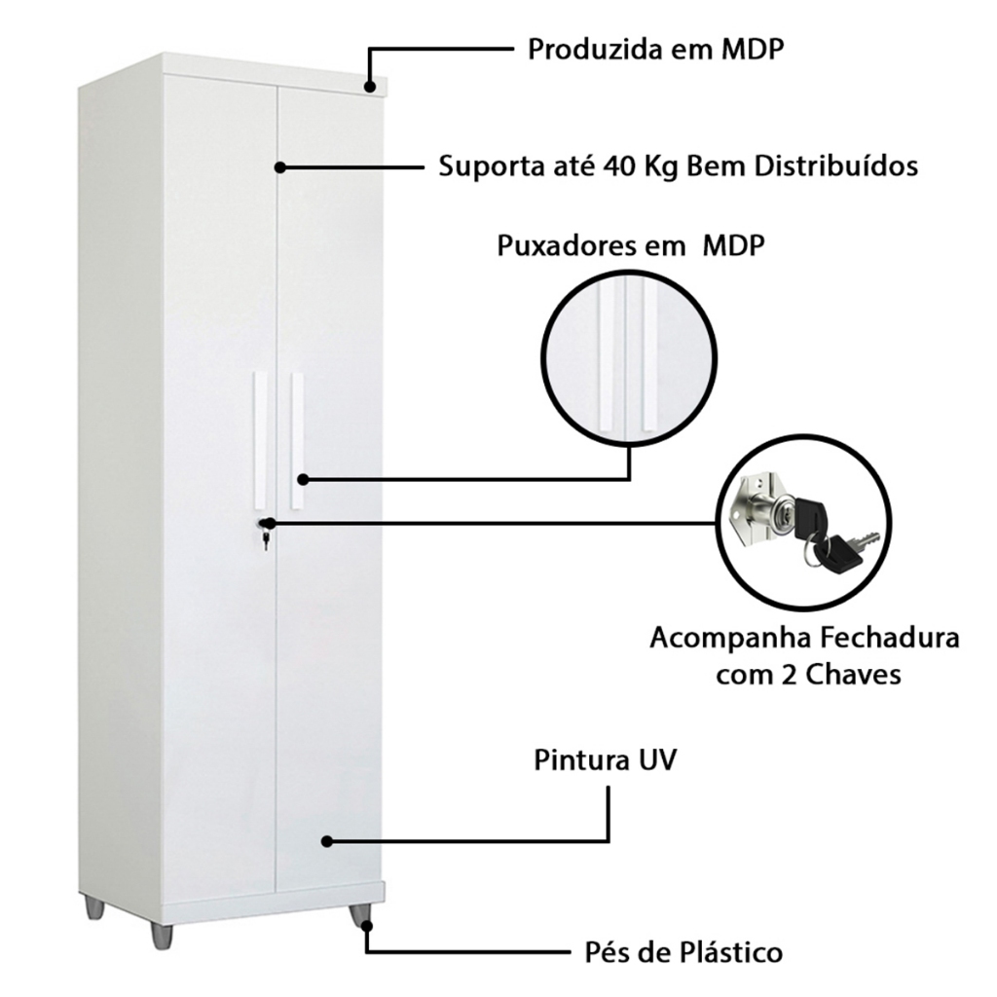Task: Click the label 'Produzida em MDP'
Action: [655, 49]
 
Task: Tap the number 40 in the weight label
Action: [620, 166]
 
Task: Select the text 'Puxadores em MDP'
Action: [630, 245]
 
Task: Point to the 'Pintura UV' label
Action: [605, 759]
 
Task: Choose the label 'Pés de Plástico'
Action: [683, 952]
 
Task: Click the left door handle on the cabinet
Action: [260, 440]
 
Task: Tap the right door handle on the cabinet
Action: [297, 440]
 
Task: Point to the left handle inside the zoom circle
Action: [606, 357]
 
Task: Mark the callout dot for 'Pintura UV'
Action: [327, 841]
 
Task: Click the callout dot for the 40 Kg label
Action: [279, 167]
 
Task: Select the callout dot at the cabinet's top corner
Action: [370, 87]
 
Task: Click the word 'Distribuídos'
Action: [836, 166]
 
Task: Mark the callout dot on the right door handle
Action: [304, 479]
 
